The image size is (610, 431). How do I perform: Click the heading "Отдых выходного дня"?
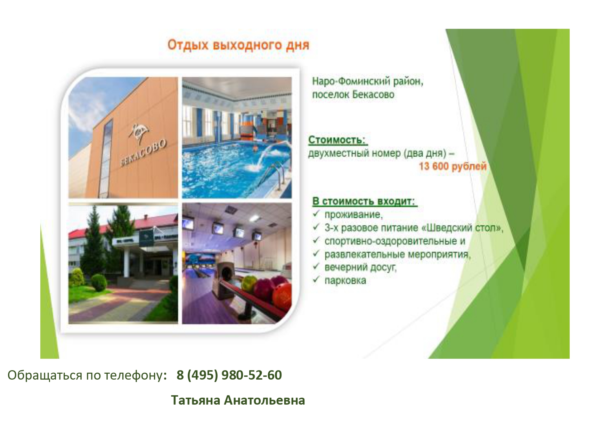click(x=238, y=45)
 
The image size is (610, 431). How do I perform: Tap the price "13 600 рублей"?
click(x=453, y=166)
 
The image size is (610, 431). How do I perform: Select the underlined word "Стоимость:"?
click(x=337, y=140)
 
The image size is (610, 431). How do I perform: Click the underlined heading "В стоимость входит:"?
click(x=364, y=201)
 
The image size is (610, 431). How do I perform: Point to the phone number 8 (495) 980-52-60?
click(x=229, y=375)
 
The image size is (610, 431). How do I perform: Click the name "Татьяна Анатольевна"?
click(x=238, y=400)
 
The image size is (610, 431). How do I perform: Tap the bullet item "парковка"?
click(x=345, y=281)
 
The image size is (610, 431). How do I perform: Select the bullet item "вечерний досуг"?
click(x=360, y=267)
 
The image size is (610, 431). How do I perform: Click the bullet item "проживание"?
click(x=353, y=215)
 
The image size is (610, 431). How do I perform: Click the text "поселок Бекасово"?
click(x=353, y=94)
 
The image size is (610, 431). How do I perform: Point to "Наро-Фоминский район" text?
click(x=367, y=82)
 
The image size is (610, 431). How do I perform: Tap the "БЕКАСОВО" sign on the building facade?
click(x=144, y=153)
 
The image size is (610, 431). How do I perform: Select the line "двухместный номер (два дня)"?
click(x=377, y=153)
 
